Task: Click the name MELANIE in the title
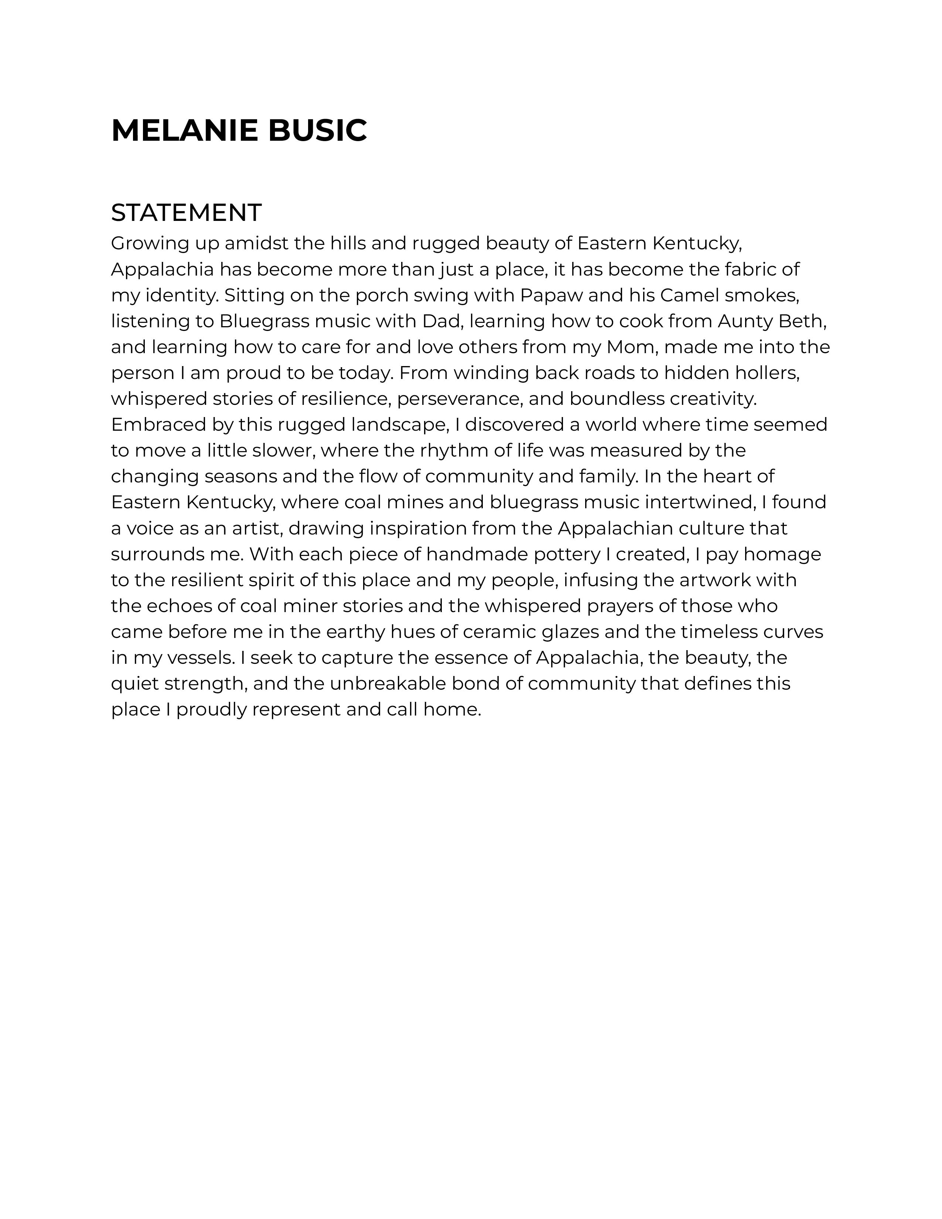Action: point(184,131)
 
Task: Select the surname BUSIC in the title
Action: point(317,131)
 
